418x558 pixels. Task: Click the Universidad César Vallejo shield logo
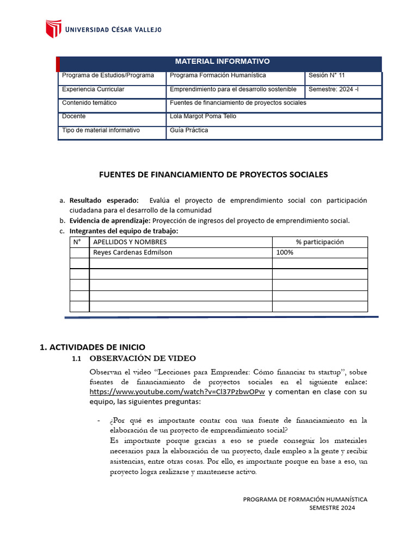coord(53,29)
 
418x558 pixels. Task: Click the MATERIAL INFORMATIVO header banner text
coord(222,62)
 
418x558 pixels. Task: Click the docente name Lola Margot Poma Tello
coord(203,116)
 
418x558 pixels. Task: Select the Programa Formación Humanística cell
coord(218,75)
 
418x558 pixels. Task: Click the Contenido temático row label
coord(89,102)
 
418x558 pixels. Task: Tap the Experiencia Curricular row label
coord(93,89)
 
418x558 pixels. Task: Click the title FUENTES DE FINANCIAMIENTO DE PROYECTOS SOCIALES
coord(213,175)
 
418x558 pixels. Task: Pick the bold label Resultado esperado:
coord(104,201)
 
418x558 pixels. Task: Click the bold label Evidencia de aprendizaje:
coord(110,221)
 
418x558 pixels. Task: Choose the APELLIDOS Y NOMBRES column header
coord(130,242)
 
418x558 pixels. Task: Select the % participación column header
coord(319,242)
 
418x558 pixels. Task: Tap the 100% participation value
coord(285,252)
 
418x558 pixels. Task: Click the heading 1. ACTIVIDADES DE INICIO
coord(93,347)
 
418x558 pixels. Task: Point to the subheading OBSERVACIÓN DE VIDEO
coord(143,359)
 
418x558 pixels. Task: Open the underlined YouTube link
coord(177,392)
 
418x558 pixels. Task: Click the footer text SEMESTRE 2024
coord(331,508)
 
